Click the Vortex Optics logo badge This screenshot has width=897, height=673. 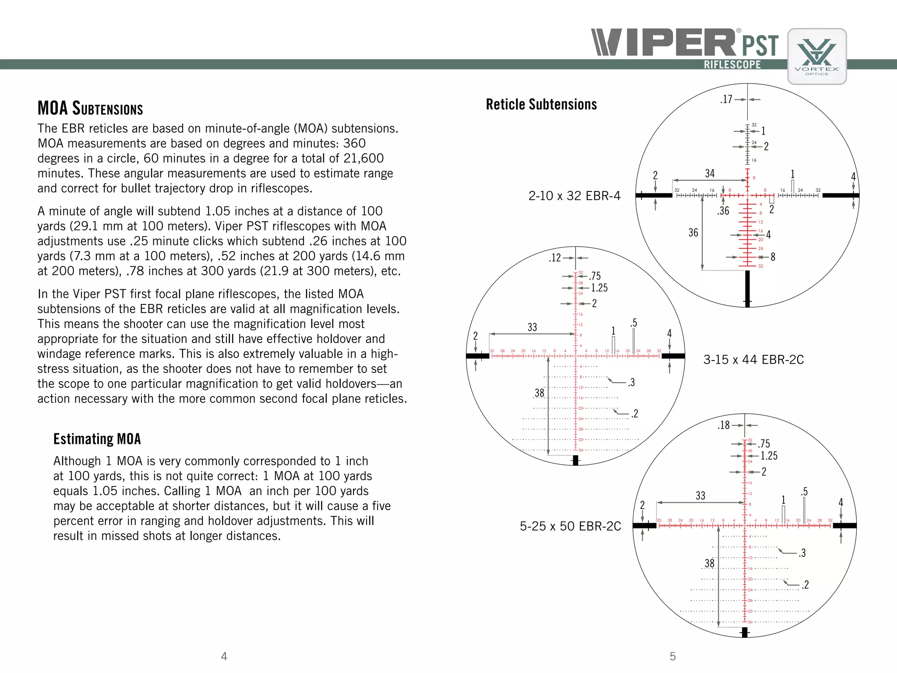pyautogui.click(x=817, y=57)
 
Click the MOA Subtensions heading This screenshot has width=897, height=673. pyautogui.click(x=90, y=108)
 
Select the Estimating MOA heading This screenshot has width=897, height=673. pyautogui.click(x=97, y=439)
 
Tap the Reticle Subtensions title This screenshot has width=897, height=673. pyautogui.click(x=541, y=104)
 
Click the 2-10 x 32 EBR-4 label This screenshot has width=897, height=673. pyautogui.click(x=574, y=196)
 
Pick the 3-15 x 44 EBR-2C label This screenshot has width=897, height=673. pyautogui.click(x=753, y=360)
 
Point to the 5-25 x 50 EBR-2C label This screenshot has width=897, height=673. pyautogui.click(x=570, y=526)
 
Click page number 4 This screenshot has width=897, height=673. pyautogui.click(x=224, y=656)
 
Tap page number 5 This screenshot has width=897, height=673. pyautogui.click(x=673, y=656)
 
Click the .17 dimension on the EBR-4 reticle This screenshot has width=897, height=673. pyautogui.click(x=726, y=99)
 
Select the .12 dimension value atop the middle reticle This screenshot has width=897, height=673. pyautogui.click(x=555, y=258)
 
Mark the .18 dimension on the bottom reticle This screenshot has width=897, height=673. pyautogui.click(x=724, y=425)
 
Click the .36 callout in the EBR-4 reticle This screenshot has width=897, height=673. pyautogui.click(x=723, y=211)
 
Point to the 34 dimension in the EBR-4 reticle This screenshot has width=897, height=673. pyautogui.click(x=710, y=174)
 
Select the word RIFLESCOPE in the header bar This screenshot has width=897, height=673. pyautogui.click(x=732, y=64)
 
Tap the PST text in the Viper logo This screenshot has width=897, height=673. pyautogui.click(x=760, y=45)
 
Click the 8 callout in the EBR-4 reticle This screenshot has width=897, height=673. pyautogui.click(x=773, y=257)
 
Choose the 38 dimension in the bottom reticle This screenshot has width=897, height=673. pyautogui.click(x=710, y=563)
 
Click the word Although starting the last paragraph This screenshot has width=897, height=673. pyautogui.click(x=77, y=461)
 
